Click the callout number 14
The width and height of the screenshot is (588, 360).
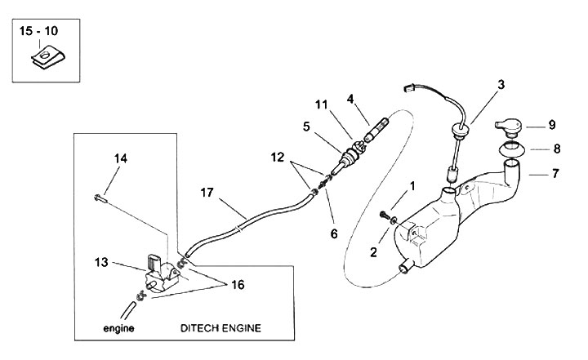[121, 158]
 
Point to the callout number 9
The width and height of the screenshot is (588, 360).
[552, 125]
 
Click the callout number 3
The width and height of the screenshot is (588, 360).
[501, 84]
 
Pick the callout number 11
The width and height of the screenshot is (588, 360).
[323, 104]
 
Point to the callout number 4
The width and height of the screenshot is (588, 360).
[350, 100]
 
